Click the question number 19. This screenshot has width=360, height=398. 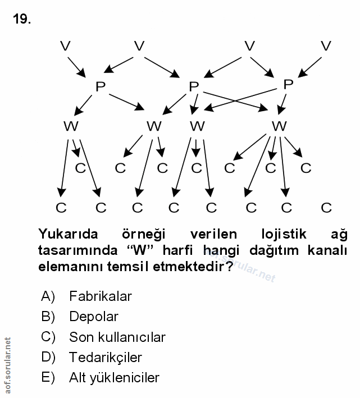22,19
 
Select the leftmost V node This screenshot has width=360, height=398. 65,46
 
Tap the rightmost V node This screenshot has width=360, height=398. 326,46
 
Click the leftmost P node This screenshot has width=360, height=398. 101,86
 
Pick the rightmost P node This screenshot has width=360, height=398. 288,85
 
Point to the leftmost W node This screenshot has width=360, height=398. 71,126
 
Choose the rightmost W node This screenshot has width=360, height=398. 279,126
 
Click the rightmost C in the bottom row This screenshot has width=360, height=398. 326,208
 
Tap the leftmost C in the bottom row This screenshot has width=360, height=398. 61,208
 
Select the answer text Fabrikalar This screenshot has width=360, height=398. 101,296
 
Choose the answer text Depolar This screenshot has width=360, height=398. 94,317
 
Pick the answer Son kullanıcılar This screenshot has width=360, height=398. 117,337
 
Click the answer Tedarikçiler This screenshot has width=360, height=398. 106,357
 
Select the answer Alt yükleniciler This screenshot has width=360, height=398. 115,377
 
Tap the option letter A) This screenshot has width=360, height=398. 48,296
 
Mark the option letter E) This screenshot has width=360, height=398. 48,377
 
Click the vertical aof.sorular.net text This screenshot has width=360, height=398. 8,365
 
